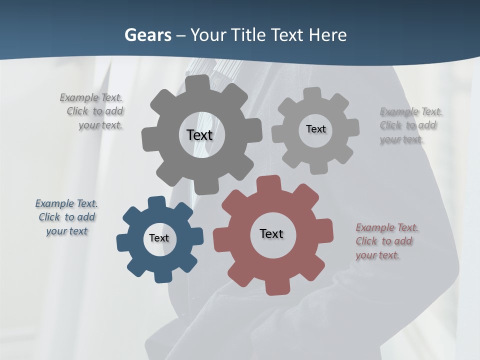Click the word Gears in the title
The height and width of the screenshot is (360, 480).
click(x=147, y=35)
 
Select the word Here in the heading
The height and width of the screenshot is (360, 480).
click(x=327, y=35)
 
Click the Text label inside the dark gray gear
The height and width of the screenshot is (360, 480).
click(x=199, y=135)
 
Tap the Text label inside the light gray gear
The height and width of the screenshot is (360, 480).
click(x=315, y=129)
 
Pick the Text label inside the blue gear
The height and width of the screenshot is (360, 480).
click(x=159, y=238)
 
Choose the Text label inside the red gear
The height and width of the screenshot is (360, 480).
click(x=271, y=233)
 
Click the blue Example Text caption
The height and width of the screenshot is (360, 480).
click(x=66, y=217)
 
